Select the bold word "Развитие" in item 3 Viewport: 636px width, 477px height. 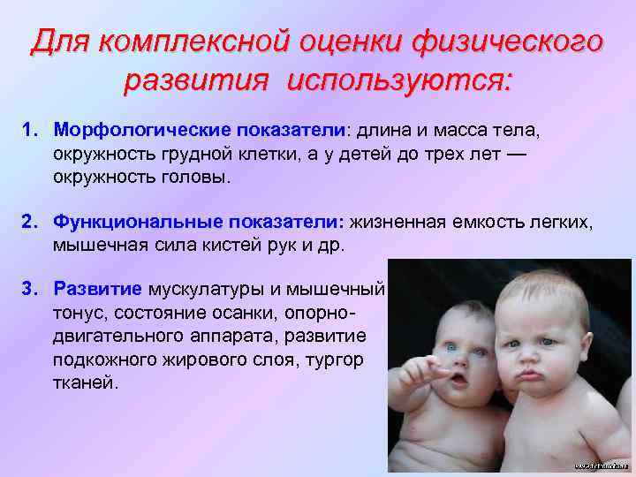98,289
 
